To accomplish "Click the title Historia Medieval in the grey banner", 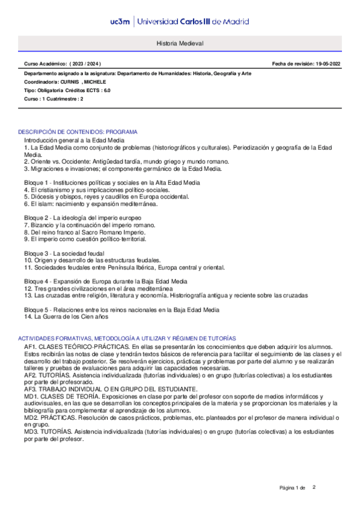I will point(180,45).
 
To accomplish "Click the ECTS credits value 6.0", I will point(107,90).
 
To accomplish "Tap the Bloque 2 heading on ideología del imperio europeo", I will point(82,217).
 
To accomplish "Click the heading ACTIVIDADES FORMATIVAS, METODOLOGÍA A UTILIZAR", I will point(127,339).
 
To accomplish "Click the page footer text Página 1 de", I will point(293,487).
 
